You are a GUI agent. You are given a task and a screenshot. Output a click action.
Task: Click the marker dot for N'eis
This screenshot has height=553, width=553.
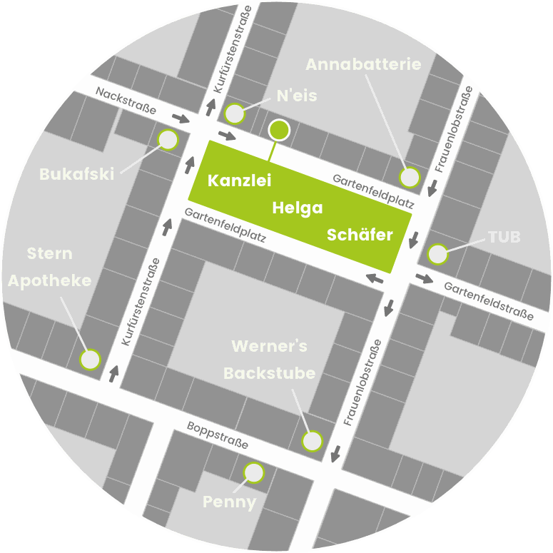click(234, 113)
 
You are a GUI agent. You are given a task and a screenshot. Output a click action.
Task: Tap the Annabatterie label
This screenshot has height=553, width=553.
click(363, 64)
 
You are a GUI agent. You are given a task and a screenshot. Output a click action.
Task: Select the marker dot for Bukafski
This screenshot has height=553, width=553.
click(168, 140)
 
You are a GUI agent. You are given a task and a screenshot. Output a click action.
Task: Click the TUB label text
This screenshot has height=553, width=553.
click(504, 237)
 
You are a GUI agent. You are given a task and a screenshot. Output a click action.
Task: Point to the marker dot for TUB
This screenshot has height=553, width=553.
click(437, 253)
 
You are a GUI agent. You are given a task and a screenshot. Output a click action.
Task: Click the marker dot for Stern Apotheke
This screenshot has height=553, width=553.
click(90, 360)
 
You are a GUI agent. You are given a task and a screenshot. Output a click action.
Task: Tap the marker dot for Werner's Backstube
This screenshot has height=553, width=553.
click(312, 441)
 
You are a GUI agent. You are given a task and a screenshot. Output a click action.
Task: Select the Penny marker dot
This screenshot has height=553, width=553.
click(253, 472)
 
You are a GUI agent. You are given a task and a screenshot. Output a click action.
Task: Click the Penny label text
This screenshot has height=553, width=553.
click(229, 502)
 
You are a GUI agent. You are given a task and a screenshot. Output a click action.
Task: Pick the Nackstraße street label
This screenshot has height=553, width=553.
click(126, 101)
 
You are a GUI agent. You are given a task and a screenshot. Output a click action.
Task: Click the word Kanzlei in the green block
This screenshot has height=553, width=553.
click(239, 181)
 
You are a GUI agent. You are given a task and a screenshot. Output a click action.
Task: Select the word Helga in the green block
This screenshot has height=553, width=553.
click(298, 208)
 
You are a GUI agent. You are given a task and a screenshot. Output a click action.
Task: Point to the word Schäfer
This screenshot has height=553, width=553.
click(360, 235)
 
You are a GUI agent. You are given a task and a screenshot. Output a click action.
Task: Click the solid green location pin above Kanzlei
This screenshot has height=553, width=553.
click(278, 130)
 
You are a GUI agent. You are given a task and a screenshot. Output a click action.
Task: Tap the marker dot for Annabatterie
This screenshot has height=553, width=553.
click(410, 177)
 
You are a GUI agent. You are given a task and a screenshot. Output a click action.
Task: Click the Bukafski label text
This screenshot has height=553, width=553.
click(77, 174)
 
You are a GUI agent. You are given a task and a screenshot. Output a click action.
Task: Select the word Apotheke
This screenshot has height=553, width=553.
click(50, 280)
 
